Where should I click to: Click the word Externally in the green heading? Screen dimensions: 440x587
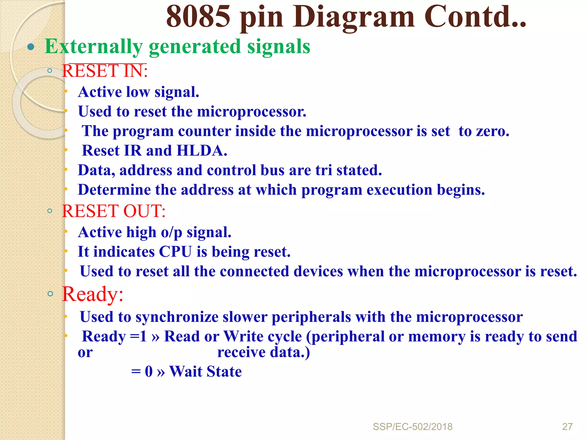pos(93,46)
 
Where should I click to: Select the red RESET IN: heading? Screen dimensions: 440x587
pos(105,71)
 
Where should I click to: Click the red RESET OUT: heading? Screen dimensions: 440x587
pos(114,211)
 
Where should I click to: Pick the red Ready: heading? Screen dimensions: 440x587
pos(93,294)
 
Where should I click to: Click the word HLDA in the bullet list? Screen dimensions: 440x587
pos(202,151)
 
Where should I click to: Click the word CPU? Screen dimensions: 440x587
pos(175,252)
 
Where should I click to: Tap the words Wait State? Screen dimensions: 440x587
pos(206,372)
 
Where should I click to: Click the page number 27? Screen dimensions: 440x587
pos(567,427)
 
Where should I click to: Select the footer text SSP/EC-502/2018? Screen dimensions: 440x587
pos(412,427)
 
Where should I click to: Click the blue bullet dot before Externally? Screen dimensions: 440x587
pos(31,47)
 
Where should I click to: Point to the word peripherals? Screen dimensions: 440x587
pos(311,317)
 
